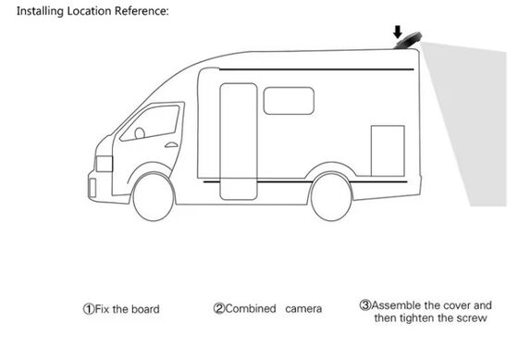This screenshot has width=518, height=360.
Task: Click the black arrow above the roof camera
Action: pos(396,31)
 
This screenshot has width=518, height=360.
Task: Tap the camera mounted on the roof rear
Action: pos(406,43)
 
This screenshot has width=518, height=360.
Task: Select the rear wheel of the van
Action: pos(330,196)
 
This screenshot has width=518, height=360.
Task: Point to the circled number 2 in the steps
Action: pos(219,309)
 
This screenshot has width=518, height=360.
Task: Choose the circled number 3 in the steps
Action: pos(364,304)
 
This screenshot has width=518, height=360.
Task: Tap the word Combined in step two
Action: pos(251,309)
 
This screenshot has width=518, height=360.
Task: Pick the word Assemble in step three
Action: pos(396,304)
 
